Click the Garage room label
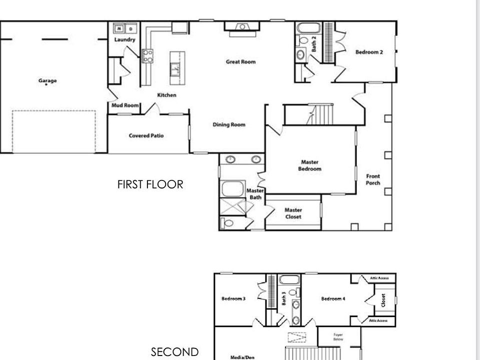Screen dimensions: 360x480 click(x=47, y=80)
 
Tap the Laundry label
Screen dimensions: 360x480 click(x=124, y=39)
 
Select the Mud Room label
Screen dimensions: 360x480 click(x=124, y=105)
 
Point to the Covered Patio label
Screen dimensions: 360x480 click(x=146, y=135)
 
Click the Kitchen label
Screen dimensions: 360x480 click(x=166, y=95)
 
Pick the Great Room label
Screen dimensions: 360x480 click(x=240, y=62)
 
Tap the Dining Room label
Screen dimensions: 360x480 click(x=229, y=124)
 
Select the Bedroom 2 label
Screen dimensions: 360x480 click(x=369, y=51)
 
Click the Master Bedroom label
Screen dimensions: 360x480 click(x=310, y=165)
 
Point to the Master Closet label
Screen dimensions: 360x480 click(x=293, y=213)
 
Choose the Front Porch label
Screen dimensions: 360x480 click(x=373, y=179)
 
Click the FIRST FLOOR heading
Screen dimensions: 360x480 click(x=150, y=184)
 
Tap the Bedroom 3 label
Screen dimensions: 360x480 click(x=233, y=298)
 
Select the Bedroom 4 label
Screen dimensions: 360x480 click(x=333, y=298)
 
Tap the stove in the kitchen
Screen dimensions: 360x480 click(x=147, y=55)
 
